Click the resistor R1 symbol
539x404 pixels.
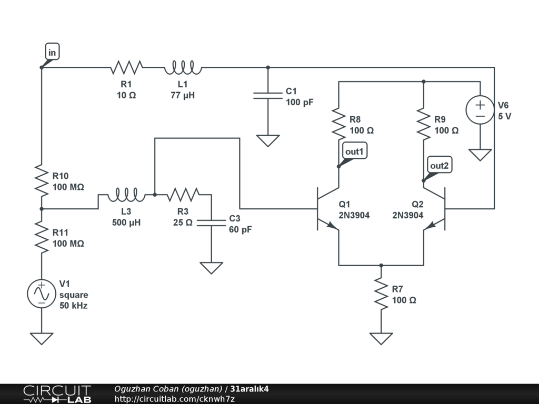coord(126,67)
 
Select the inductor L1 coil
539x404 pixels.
coord(183,67)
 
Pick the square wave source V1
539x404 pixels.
coord(41,293)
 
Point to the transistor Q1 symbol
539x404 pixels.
coord(326,209)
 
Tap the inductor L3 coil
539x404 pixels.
coord(126,196)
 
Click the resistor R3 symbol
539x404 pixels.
coord(183,196)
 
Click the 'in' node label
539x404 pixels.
coord(52,52)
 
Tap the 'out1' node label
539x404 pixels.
coord(354,151)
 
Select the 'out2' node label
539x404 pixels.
coord(440,166)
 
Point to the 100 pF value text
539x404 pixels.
coord(300,103)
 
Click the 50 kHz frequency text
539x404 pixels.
coord(73,306)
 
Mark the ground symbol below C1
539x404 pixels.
coord(268,140)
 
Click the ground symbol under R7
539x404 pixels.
coord(381,338)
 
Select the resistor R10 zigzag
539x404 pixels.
coord(41,179)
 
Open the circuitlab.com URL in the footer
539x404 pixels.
coord(174,399)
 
